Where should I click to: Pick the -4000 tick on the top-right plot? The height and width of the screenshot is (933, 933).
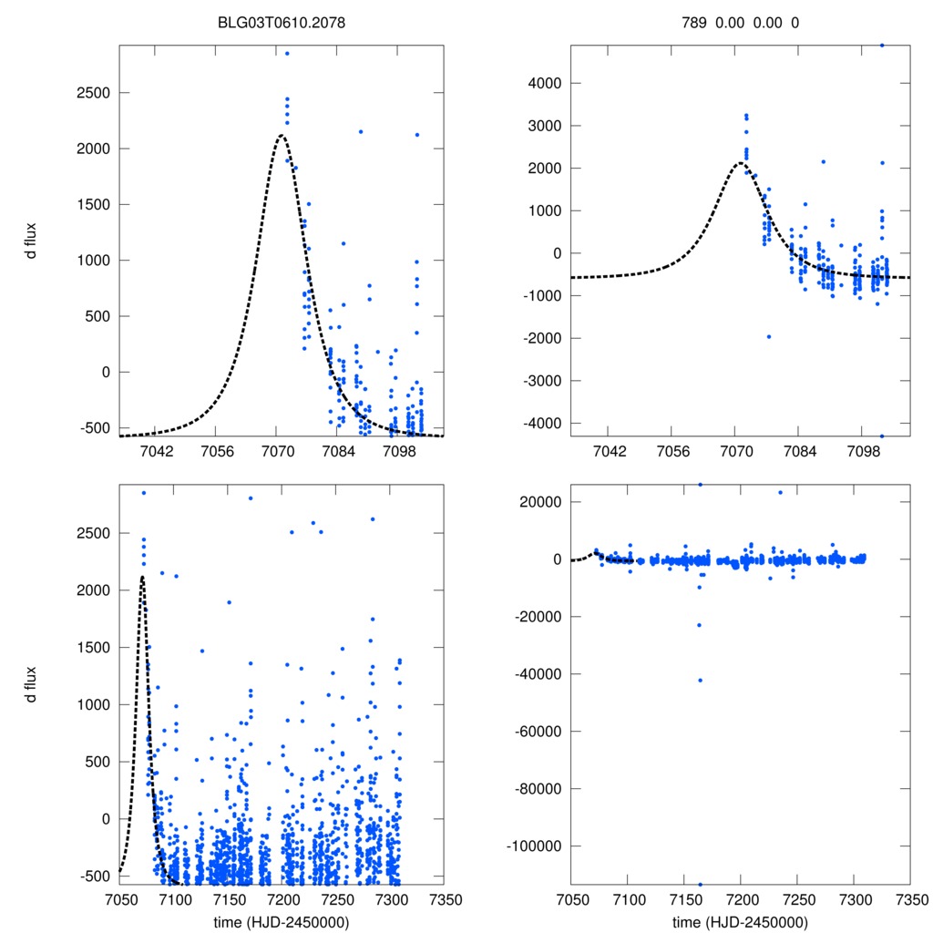coord(538,423)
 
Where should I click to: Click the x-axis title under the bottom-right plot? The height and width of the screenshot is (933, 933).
coord(740,922)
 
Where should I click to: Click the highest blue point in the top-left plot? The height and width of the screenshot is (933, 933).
coord(286,53)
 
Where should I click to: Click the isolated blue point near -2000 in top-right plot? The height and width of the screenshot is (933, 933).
coord(768,337)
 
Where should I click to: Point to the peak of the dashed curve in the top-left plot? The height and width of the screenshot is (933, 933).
coord(281,136)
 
